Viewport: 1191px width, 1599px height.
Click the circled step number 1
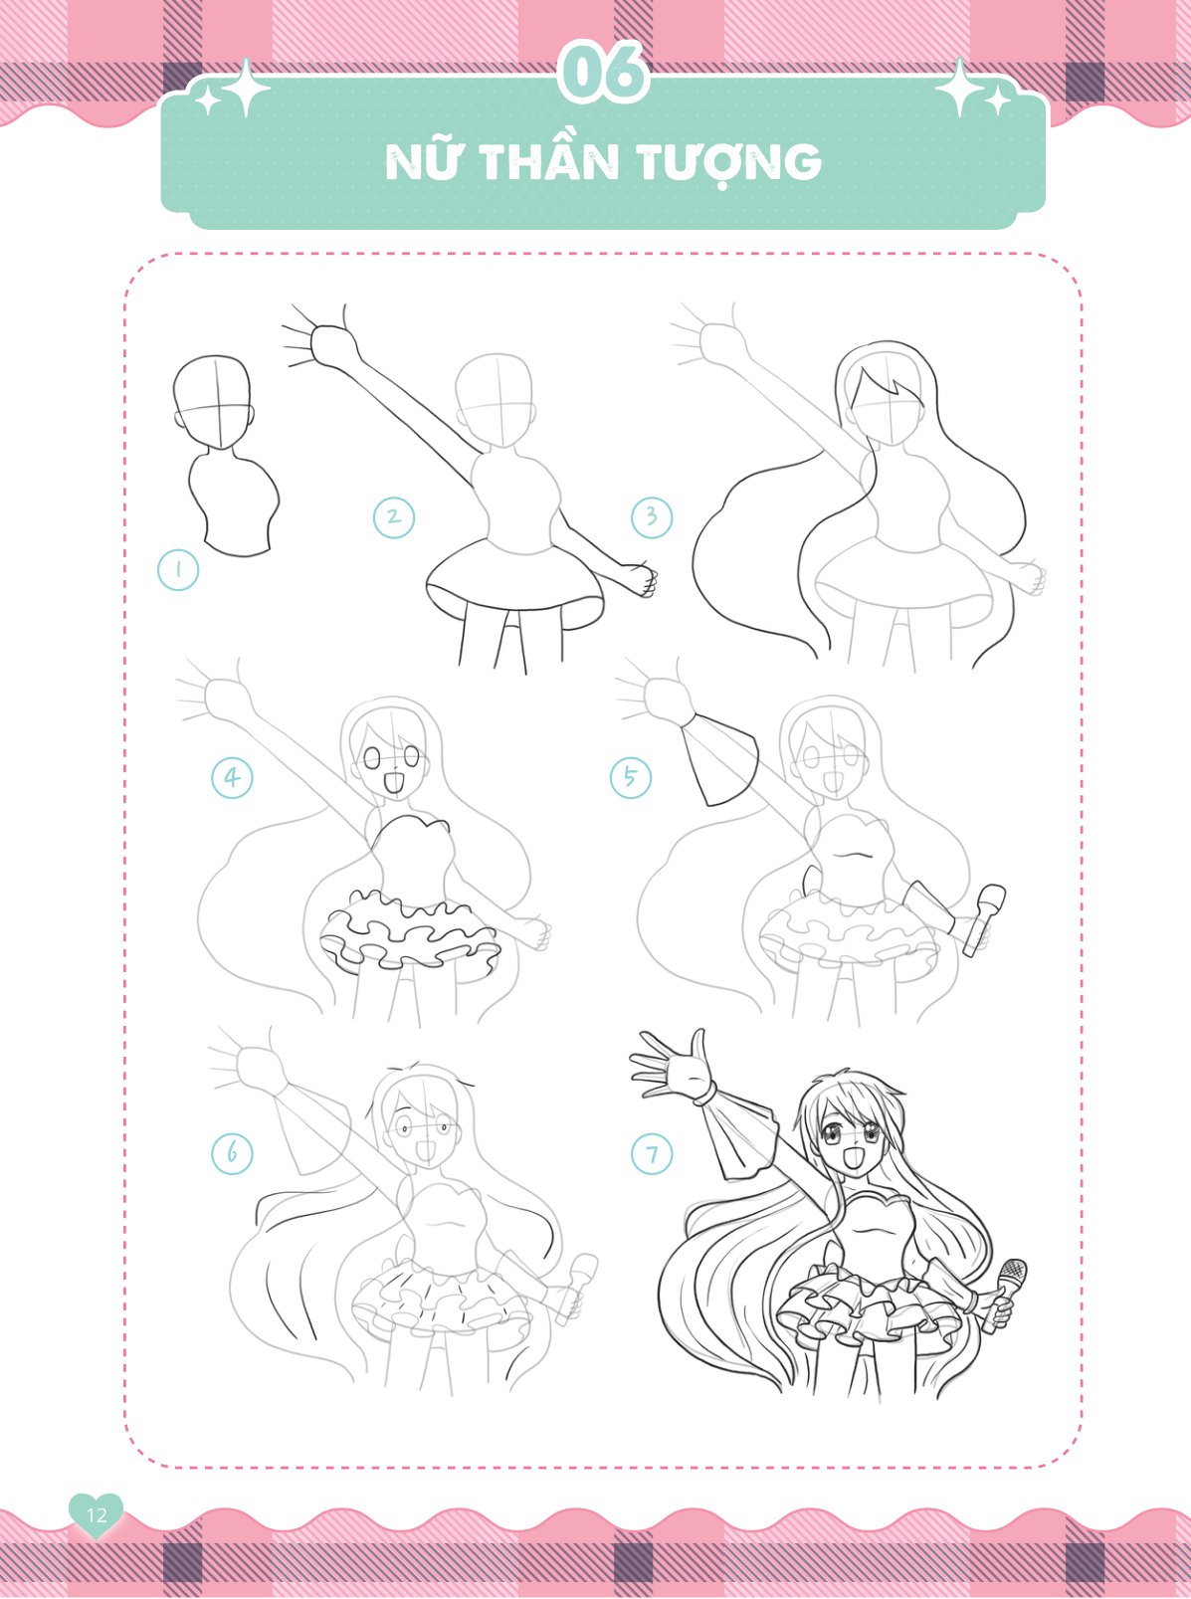click(178, 570)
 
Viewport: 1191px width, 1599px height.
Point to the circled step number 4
click(232, 777)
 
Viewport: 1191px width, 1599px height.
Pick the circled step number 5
click(631, 777)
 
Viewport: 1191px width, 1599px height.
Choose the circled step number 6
click(232, 1153)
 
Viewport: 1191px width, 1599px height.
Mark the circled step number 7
click(652, 1154)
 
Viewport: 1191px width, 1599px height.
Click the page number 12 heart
click(96, 1513)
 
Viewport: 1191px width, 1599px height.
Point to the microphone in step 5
click(983, 919)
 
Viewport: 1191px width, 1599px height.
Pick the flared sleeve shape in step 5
click(719, 765)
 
